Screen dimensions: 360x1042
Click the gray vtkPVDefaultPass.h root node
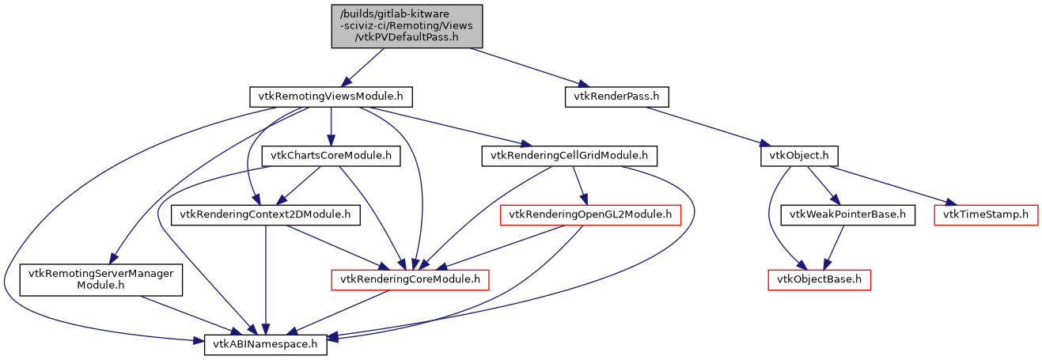coord(406,26)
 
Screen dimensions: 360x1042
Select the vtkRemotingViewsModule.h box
coord(331,97)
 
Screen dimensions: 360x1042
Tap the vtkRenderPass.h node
coord(617,97)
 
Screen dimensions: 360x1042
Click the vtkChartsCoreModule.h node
coord(331,156)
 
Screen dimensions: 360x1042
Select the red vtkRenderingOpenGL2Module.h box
coord(590,214)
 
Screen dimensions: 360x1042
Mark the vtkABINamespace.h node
coord(266,345)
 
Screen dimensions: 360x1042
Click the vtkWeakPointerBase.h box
coord(848,214)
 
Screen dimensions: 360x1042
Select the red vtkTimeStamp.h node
coord(986,214)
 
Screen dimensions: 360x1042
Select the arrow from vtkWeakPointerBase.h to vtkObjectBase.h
coord(834,246)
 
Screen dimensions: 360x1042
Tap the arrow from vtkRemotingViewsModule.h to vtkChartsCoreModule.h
coord(331,127)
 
